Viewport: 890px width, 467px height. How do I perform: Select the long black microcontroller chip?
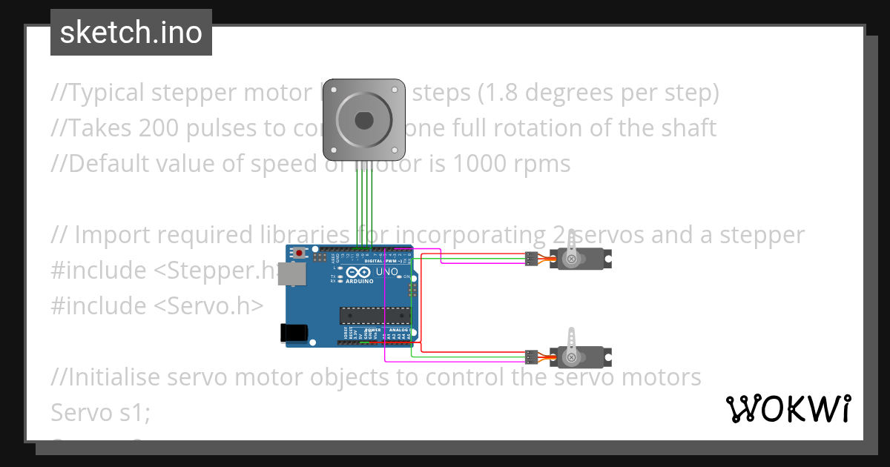pyautogui.click(x=375, y=315)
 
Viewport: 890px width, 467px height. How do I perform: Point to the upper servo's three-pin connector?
pyautogui.click(x=531, y=259)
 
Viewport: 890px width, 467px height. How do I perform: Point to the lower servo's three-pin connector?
pyautogui.click(x=531, y=357)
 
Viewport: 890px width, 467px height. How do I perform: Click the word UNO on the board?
pyautogui.click(x=388, y=272)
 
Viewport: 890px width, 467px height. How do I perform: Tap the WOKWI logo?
pyautogui.click(x=788, y=408)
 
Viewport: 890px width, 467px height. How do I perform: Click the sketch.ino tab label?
pyautogui.click(x=131, y=33)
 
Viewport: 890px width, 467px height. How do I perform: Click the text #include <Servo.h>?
pyautogui.click(x=156, y=305)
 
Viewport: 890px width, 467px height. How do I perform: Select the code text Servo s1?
pyautogui.click(x=100, y=412)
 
